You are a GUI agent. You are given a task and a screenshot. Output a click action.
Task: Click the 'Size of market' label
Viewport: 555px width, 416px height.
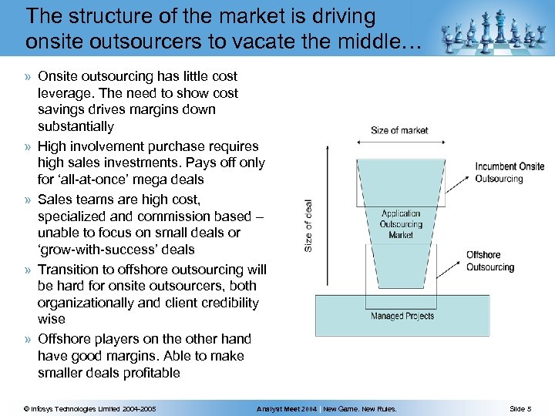(x=399, y=130)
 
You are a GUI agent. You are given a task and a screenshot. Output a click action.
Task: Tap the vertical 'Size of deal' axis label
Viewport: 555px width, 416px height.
(x=308, y=226)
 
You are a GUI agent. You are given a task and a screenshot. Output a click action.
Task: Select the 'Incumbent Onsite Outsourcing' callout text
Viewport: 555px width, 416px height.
(x=510, y=172)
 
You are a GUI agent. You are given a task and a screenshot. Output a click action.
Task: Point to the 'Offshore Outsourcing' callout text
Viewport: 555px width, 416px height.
(x=489, y=260)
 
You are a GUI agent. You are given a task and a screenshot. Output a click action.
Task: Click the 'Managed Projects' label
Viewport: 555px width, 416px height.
(x=402, y=316)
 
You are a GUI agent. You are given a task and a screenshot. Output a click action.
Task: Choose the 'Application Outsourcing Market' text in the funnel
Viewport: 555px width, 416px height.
(x=401, y=224)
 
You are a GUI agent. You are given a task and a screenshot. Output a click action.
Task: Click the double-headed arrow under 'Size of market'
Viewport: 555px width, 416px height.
(x=399, y=144)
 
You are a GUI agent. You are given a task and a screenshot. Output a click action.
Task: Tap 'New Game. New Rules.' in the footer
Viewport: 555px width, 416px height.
(x=359, y=408)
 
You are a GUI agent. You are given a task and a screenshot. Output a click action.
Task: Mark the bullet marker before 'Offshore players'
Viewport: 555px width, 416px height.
(x=28, y=340)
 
